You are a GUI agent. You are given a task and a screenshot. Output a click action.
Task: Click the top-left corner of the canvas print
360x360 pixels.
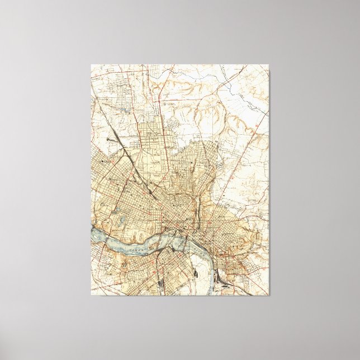click(92, 64)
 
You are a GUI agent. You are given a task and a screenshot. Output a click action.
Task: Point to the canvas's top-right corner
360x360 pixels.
click(268, 64)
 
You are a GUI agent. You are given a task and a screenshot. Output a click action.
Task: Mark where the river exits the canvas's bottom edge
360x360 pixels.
click(210, 295)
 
